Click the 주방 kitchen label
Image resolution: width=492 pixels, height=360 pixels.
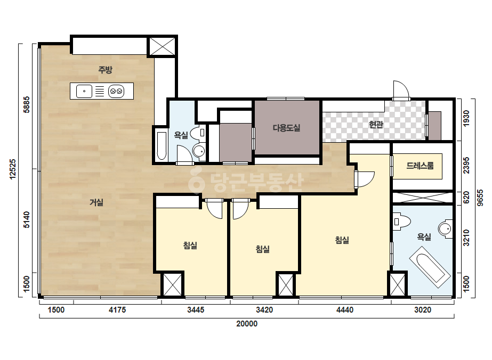105,70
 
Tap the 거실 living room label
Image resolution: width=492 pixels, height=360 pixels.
96,202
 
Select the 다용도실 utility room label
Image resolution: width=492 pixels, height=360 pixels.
286,128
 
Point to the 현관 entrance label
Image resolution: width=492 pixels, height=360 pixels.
376,125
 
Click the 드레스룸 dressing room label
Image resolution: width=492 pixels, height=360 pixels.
420,166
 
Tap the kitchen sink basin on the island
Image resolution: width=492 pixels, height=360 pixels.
84,91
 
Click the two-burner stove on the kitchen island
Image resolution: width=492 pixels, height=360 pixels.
116,91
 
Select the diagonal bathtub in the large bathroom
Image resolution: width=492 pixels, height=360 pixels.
430,267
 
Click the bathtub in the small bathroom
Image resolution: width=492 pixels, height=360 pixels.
162,146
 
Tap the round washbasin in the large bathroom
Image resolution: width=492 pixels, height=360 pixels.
445,228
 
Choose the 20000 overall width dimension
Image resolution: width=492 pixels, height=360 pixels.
247,324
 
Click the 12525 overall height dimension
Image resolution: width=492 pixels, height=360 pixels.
13,169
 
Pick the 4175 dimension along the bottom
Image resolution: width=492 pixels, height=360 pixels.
117,310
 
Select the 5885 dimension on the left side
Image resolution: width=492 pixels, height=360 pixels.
27,104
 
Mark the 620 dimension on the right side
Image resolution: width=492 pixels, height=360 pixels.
466,198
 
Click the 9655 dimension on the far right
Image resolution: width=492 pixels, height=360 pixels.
480,198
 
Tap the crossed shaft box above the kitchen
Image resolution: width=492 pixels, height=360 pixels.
162,47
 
